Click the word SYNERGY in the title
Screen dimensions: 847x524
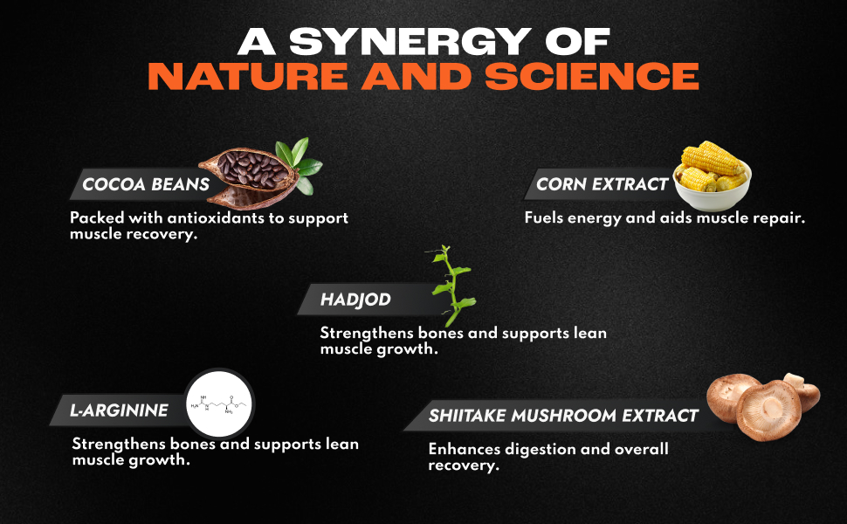[410, 41]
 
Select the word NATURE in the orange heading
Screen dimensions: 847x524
[248, 76]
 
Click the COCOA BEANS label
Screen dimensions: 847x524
[146, 184]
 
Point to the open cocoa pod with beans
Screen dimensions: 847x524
[250, 177]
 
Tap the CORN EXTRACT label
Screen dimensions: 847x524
[602, 184]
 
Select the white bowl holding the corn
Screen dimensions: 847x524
[713, 192]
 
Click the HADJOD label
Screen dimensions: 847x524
[355, 300]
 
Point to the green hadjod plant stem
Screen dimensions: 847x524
[452, 286]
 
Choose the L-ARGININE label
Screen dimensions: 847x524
[119, 410]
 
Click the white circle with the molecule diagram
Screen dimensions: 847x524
[219, 404]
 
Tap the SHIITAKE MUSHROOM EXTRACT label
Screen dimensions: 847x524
[563, 416]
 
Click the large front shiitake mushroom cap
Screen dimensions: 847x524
[768, 410]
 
